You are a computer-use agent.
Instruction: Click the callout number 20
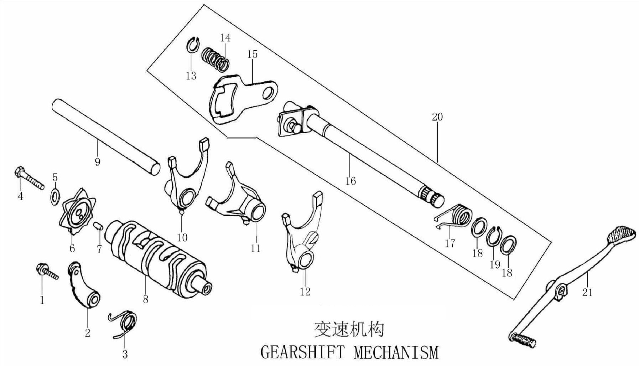(437, 117)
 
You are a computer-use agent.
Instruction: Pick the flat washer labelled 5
(55, 195)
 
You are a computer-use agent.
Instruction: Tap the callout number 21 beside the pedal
(587, 293)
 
